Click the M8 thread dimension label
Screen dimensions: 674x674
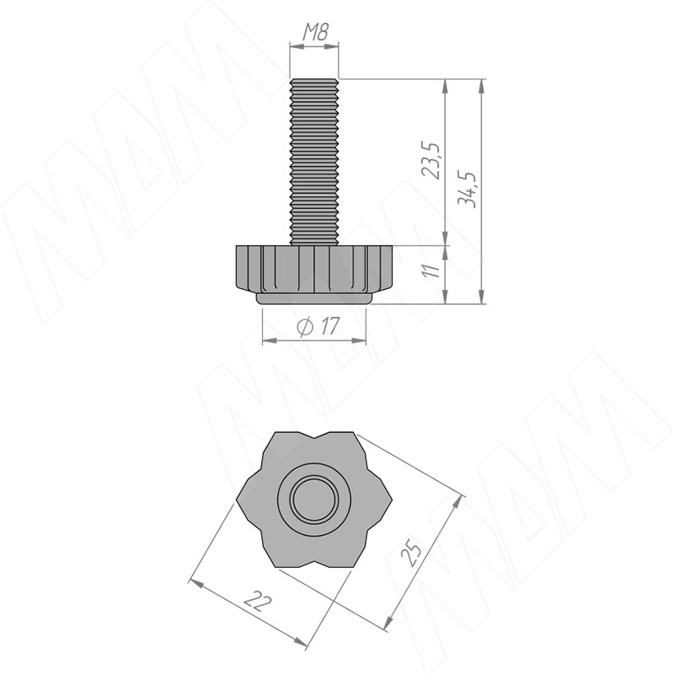316,32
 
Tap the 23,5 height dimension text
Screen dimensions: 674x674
431,159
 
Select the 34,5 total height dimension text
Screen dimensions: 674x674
468,190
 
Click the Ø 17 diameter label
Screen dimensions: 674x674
318,326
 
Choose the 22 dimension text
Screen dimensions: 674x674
258,600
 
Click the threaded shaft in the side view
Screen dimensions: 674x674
314,162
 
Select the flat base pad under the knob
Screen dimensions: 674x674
314,299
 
